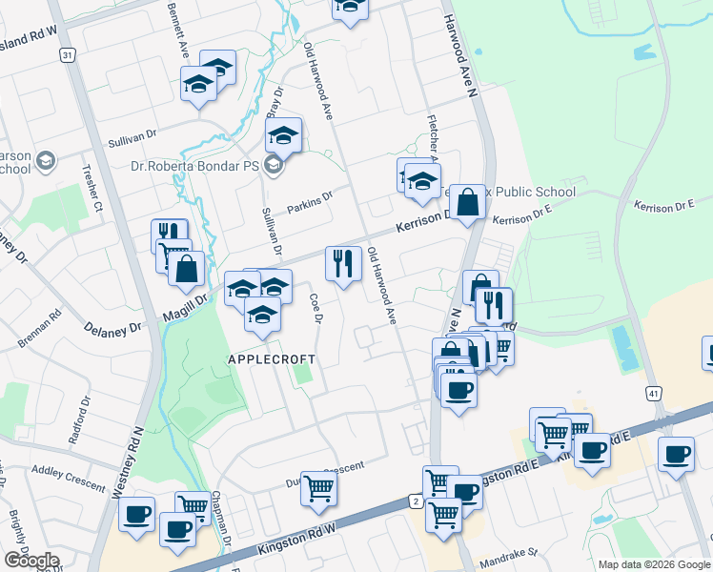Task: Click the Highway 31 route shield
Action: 67,56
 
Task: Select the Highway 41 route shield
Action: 653,393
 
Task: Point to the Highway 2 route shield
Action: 415,500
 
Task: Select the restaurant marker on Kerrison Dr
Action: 343,262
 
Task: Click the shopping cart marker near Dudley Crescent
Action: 319,487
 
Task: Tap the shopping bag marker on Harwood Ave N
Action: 467,201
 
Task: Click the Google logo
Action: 31,561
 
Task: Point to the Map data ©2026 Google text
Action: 654,564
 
